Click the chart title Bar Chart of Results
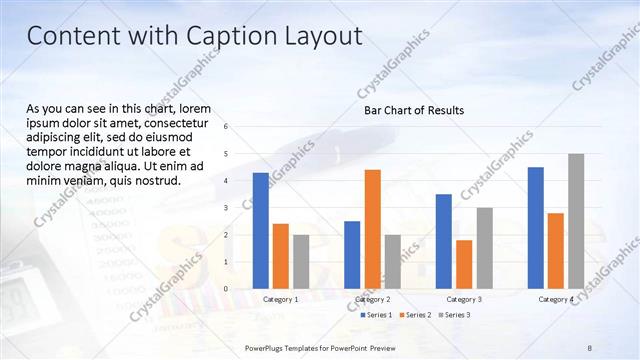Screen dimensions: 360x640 click(x=413, y=110)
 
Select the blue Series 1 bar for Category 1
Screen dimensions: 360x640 click(x=261, y=230)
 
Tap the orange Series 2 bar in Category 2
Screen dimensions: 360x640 click(x=372, y=229)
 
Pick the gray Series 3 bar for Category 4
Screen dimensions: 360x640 click(x=575, y=221)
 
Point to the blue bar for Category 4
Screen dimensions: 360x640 click(x=535, y=227)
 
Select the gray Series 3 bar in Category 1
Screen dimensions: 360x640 click(x=301, y=261)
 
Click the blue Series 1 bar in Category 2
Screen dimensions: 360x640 click(x=352, y=254)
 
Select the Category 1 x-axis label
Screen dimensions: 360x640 click(x=281, y=299)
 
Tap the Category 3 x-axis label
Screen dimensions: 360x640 click(x=464, y=299)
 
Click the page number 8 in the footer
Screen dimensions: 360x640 click(x=590, y=347)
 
